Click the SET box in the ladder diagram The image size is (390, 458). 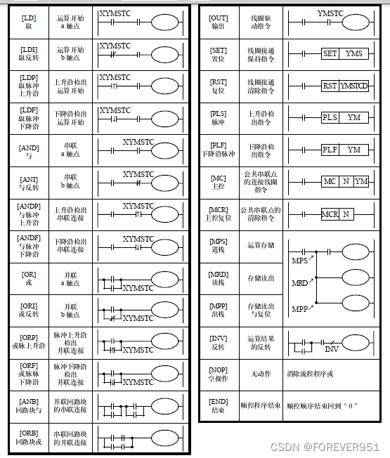[330, 53]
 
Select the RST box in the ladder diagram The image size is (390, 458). [330, 86]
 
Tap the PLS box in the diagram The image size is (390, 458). [330, 117]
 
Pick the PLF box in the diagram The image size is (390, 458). [330, 150]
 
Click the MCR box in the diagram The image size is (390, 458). [330, 214]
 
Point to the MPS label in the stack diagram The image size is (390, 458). [299, 261]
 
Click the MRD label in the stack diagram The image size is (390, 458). [299, 283]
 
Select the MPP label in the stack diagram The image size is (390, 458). [299, 309]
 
